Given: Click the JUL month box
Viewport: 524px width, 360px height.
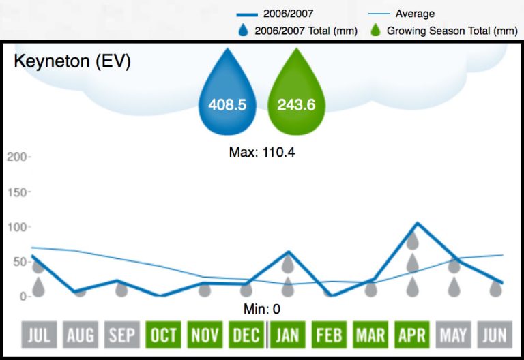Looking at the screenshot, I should [x=39, y=335].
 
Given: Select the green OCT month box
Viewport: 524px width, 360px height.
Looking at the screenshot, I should [x=164, y=335].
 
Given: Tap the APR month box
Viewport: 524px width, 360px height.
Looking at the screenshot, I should [x=412, y=335].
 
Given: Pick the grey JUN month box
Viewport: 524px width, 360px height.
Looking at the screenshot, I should [x=495, y=335].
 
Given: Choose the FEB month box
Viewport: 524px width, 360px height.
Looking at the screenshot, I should [x=329, y=335].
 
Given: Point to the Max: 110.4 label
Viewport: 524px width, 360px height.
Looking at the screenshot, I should [x=262, y=153].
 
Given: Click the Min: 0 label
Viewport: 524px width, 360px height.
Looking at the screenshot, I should [x=262, y=309].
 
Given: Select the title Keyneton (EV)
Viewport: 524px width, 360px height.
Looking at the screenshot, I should [x=72, y=61].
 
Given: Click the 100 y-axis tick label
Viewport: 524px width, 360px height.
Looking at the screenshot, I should [x=16, y=227].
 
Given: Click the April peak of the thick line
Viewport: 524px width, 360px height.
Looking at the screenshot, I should [x=416, y=223].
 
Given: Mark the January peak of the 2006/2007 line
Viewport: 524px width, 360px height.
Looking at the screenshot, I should [x=289, y=252].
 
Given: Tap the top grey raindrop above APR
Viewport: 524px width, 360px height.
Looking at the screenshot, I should [x=412, y=240].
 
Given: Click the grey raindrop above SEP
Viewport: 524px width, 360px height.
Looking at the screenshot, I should [x=121, y=289].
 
